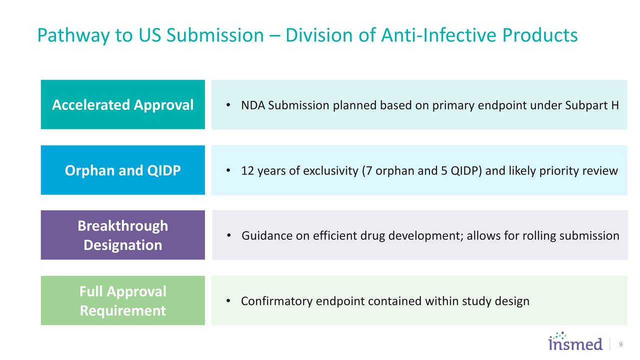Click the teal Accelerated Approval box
tap(122, 104)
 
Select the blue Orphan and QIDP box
tap(122, 170)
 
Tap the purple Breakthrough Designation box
tap(122, 235)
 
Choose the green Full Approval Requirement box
tap(122, 300)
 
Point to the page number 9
tap(620, 344)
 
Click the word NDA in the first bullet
tap(253, 106)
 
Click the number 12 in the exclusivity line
tap(247, 171)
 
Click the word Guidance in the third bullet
tap(267, 236)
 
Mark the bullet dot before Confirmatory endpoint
tap(228, 301)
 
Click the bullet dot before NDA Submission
tap(228, 105)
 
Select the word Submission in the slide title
tap(215, 35)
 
